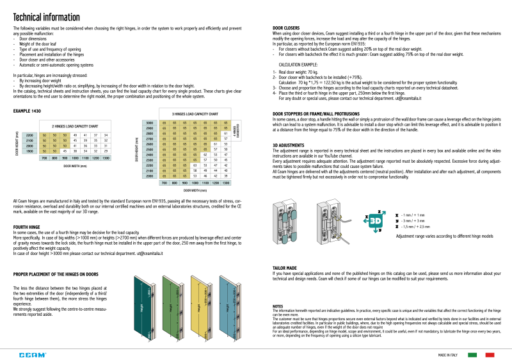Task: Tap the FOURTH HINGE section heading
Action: point(26,226)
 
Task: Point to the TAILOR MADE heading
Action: point(284,267)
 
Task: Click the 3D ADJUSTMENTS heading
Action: point(289,144)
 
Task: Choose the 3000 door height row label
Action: point(150,122)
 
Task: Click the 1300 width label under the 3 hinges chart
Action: point(225,183)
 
